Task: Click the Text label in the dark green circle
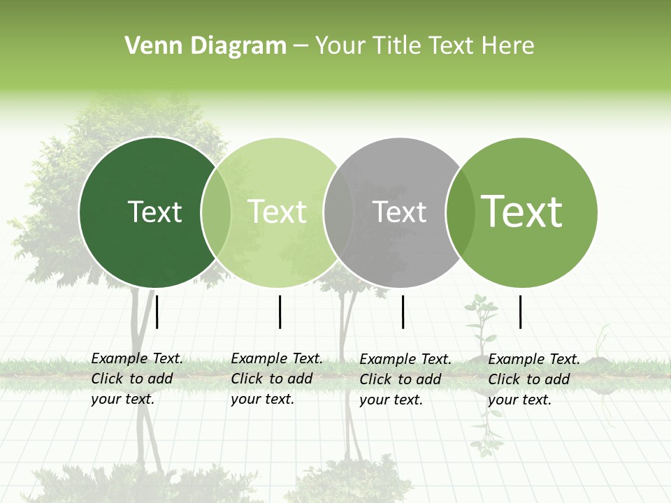pyautogui.click(x=154, y=212)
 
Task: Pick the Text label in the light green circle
pyautogui.click(x=277, y=212)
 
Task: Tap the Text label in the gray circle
pyautogui.click(x=400, y=212)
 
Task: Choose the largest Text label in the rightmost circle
pyautogui.click(x=522, y=212)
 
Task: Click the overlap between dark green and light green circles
pyautogui.click(x=216, y=212)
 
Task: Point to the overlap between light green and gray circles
pyautogui.click(x=339, y=212)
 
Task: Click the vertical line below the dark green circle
pyautogui.click(x=157, y=312)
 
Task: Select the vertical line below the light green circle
pyautogui.click(x=280, y=312)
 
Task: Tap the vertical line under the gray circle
pyautogui.click(x=403, y=312)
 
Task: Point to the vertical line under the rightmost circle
pyautogui.click(x=520, y=312)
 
